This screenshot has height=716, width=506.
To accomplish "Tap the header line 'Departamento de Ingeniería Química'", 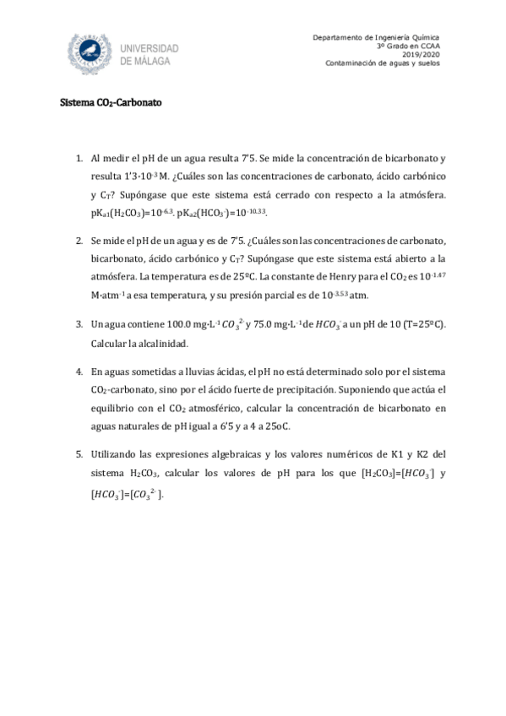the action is point(383,37).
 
